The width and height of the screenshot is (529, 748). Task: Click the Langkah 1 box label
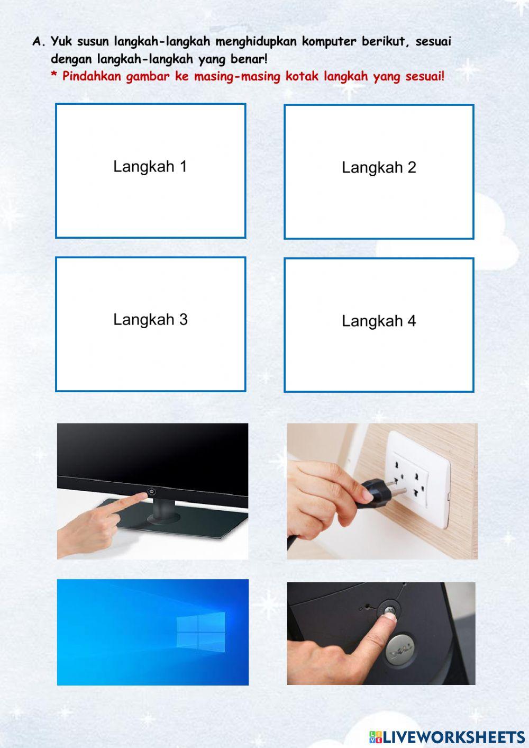150,167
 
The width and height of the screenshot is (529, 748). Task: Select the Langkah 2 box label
379,168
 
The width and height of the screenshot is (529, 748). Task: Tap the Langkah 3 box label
150,320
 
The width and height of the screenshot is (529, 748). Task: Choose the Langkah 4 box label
379,321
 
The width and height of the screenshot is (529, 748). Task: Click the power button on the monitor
152,491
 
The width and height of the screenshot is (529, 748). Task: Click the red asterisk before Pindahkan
53,75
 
